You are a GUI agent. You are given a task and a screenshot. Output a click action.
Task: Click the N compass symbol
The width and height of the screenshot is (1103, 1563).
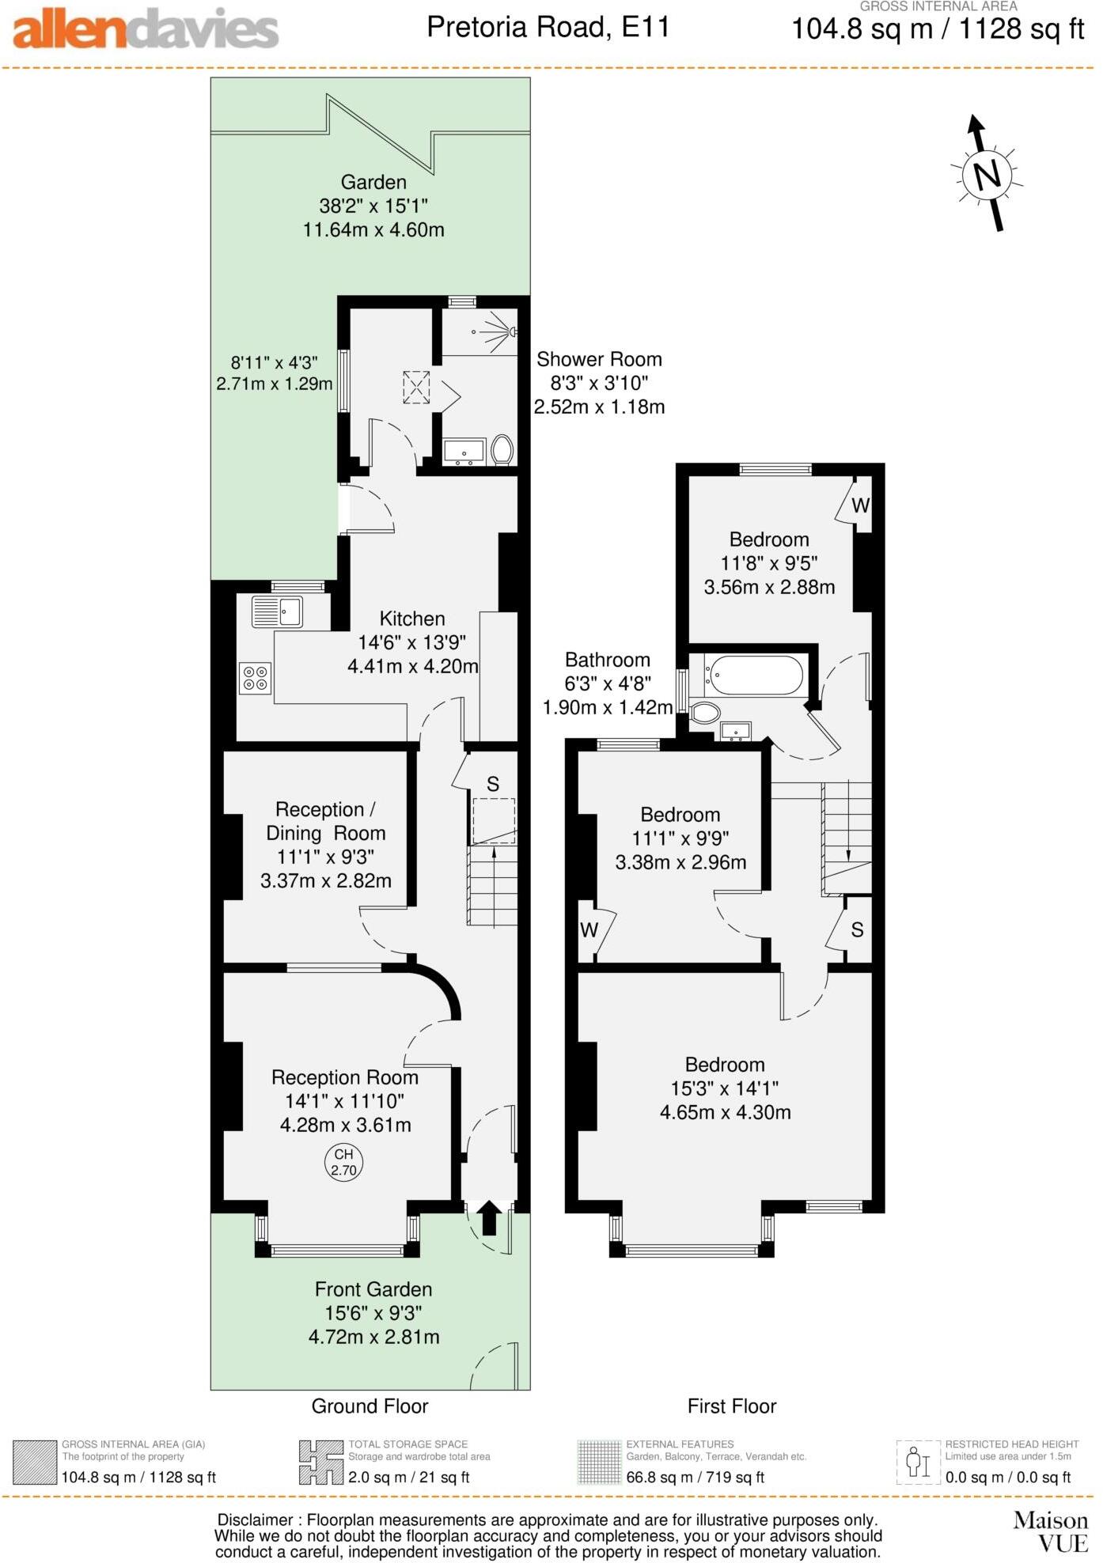point(987,173)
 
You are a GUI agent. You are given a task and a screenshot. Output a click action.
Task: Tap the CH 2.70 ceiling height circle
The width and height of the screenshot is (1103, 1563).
point(343,1162)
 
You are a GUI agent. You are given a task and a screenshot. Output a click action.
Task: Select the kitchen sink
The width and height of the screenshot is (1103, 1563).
point(278,611)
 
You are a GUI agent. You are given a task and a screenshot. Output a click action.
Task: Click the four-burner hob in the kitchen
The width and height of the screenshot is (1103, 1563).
point(255,678)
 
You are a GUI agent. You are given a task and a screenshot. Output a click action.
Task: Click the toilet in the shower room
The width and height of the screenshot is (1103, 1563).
point(502,450)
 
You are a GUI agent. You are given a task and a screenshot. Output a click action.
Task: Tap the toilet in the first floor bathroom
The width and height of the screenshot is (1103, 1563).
point(705,713)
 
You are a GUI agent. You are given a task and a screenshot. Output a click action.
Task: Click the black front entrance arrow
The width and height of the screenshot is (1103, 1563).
point(488,1217)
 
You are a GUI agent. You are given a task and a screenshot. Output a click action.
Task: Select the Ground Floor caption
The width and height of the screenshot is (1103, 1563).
point(370,1406)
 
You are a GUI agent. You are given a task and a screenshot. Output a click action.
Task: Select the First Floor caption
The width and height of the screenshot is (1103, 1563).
point(731,1406)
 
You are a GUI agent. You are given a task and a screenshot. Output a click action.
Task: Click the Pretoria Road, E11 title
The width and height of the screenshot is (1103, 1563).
point(548,28)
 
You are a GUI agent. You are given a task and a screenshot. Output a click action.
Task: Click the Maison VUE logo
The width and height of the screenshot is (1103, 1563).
point(1051,1531)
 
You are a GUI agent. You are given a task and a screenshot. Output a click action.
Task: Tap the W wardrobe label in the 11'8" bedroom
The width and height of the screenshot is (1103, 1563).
point(860,505)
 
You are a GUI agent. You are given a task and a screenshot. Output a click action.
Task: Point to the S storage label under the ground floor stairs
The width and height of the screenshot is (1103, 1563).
point(493,784)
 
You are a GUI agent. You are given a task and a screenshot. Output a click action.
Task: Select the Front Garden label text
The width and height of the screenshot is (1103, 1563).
point(373,1289)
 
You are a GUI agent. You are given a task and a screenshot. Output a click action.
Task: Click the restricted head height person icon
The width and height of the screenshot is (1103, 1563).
point(918,1463)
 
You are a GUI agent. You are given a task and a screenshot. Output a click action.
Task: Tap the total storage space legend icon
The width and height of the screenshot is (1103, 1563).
point(320,1463)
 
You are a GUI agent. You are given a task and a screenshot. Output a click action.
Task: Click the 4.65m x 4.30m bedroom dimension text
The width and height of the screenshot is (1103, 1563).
point(725,1112)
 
